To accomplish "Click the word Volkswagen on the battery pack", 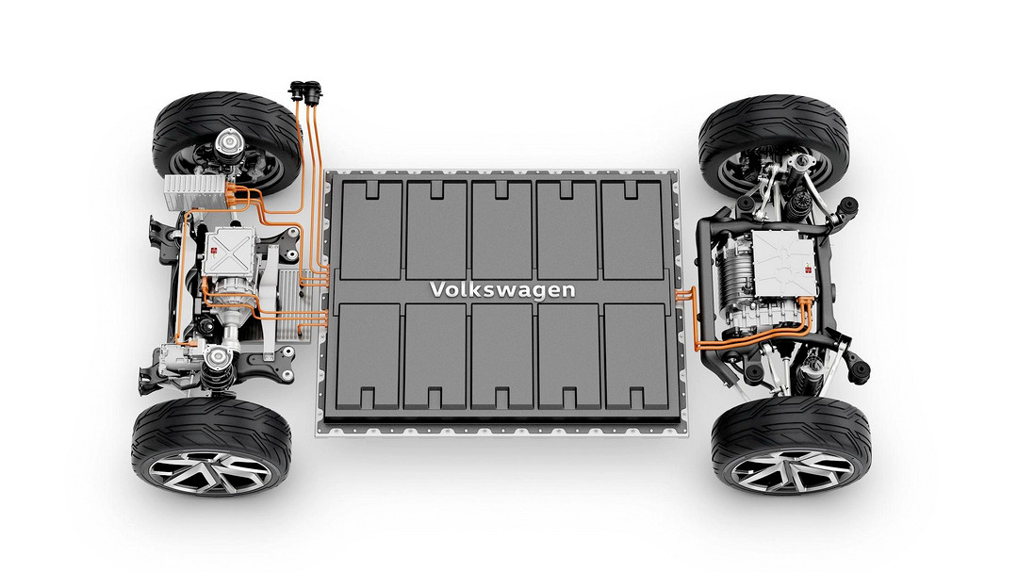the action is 502,289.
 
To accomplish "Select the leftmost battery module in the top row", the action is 370,230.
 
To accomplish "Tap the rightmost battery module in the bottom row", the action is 636,356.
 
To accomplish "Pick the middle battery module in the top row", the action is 502,230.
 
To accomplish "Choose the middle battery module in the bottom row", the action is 502,356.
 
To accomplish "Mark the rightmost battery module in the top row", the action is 632,230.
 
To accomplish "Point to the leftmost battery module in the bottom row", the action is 369,356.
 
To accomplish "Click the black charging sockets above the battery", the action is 305,91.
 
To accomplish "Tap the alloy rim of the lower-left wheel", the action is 211,471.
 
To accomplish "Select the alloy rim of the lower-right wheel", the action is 792,471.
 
